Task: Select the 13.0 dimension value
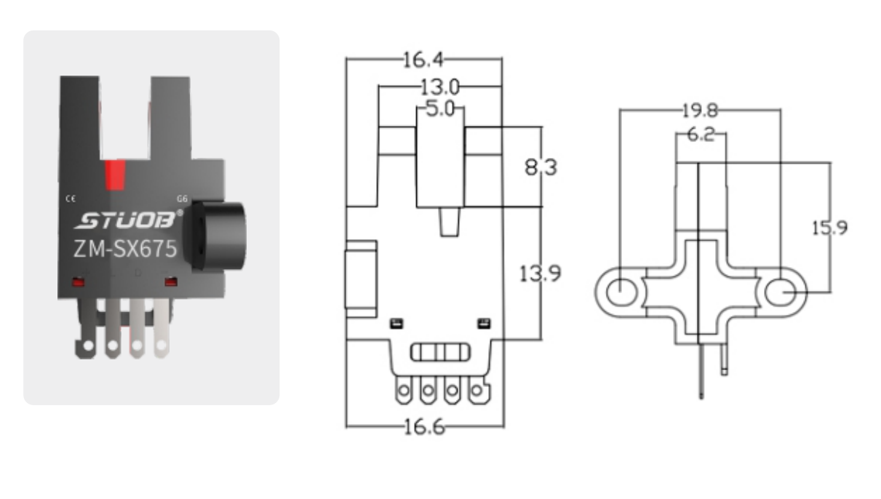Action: [x=440, y=87]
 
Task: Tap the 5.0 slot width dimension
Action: [x=439, y=110]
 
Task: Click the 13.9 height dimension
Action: [x=540, y=274]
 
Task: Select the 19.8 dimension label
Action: [x=699, y=111]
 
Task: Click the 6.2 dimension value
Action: [x=700, y=135]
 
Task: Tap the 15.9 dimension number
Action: [x=829, y=228]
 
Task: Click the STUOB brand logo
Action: [x=124, y=220]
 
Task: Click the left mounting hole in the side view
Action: [x=621, y=292]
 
